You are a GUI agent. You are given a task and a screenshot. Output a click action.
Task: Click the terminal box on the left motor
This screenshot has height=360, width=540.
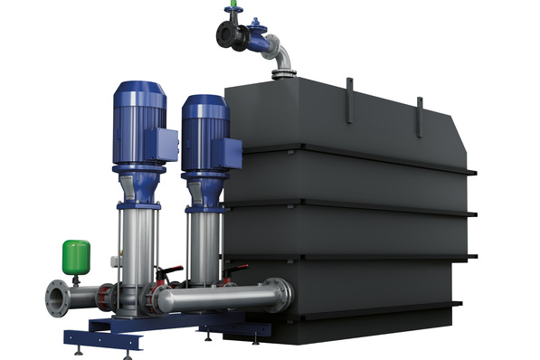point(166,144)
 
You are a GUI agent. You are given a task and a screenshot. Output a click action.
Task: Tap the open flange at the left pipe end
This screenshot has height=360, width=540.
point(56,298)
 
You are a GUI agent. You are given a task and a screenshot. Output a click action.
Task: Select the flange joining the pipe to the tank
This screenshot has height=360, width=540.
point(286,293)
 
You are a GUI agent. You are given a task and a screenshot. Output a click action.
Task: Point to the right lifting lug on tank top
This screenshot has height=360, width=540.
point(419,116)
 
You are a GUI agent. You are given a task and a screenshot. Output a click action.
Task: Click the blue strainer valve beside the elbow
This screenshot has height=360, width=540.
point(259,41)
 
